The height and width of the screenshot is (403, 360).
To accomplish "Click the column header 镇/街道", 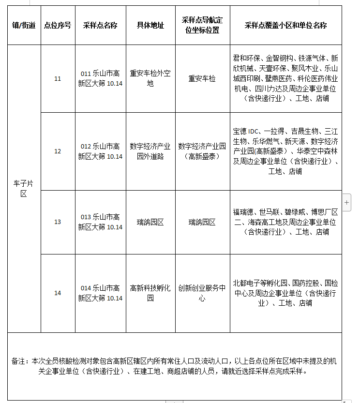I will (24, 25).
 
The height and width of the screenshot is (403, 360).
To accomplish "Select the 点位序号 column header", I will (58, 25).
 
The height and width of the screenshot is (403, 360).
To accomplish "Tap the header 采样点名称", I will (100, 25).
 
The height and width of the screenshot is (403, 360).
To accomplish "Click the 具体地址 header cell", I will (150, 25).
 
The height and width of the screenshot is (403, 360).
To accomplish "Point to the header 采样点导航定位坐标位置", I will (202, 25).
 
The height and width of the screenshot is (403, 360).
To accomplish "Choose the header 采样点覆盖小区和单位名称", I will (285, 25).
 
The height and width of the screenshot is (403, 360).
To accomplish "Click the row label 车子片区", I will (24, 188).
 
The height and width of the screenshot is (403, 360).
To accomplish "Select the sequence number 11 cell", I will (58, 78).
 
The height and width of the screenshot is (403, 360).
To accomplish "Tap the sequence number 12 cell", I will (58, 151).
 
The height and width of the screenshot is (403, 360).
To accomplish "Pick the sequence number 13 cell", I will (58, 222).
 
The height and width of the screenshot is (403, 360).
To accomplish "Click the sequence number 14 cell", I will (58, 293).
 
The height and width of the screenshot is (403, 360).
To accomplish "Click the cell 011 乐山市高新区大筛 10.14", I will (100, 78).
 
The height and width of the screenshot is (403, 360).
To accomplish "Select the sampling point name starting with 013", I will (100, 222).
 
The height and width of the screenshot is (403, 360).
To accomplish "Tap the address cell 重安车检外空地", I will (150, 78).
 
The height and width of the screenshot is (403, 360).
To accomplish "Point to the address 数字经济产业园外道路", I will (150, 151).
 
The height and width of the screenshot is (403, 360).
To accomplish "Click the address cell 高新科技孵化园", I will (150, 293).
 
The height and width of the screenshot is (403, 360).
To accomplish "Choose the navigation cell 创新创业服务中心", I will (202, 293).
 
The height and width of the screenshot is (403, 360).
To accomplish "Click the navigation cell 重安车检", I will (202, 78).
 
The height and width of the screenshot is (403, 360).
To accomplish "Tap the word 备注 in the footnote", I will (19, 361).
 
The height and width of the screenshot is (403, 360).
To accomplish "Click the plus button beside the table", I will (347, 203).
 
